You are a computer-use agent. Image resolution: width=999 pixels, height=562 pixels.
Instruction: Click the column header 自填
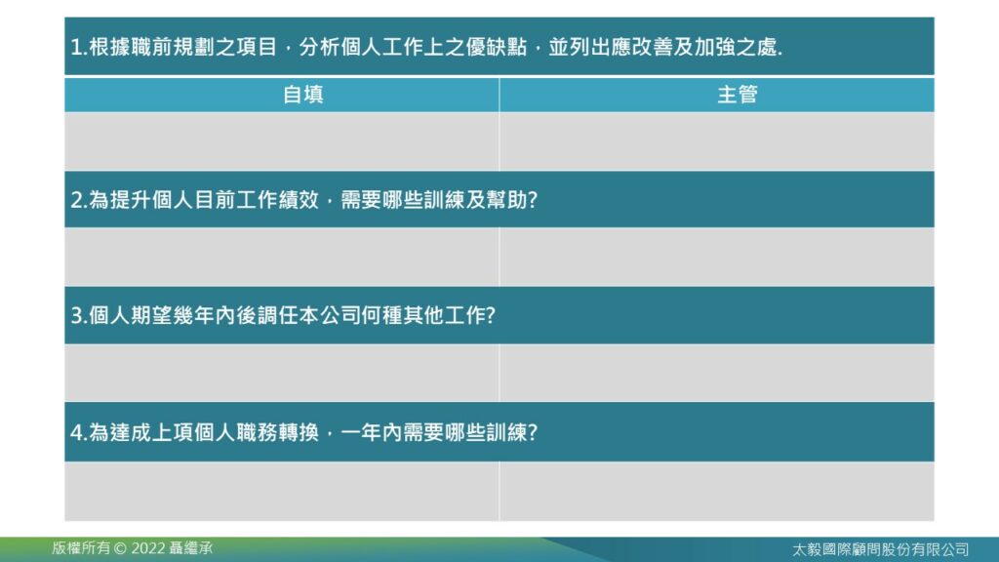click(x=302, y=95)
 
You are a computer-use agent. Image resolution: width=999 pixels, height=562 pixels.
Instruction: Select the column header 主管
click(x=738, y=95)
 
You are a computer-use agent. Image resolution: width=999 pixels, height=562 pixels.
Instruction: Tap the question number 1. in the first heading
click(x=78, y=47)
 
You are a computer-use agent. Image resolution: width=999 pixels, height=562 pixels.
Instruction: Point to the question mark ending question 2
click(x=533, y=200)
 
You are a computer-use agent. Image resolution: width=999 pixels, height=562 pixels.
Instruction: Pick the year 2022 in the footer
click(x=148, y=548)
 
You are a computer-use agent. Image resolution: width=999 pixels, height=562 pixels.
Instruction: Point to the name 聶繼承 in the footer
click(x=191, y=548)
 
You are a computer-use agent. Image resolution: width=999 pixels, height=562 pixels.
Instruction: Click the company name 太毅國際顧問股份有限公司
click(x=881, y=549)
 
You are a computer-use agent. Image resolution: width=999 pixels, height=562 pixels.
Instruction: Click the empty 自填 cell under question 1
click(x=282, y=141)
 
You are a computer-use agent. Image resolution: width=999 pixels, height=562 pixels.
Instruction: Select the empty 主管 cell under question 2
click(x=717, y=257)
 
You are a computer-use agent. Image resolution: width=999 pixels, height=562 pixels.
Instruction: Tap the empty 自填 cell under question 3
click(x=282, y=373)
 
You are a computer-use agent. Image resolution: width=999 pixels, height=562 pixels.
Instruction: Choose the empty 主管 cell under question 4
click(x=717, y=492)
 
